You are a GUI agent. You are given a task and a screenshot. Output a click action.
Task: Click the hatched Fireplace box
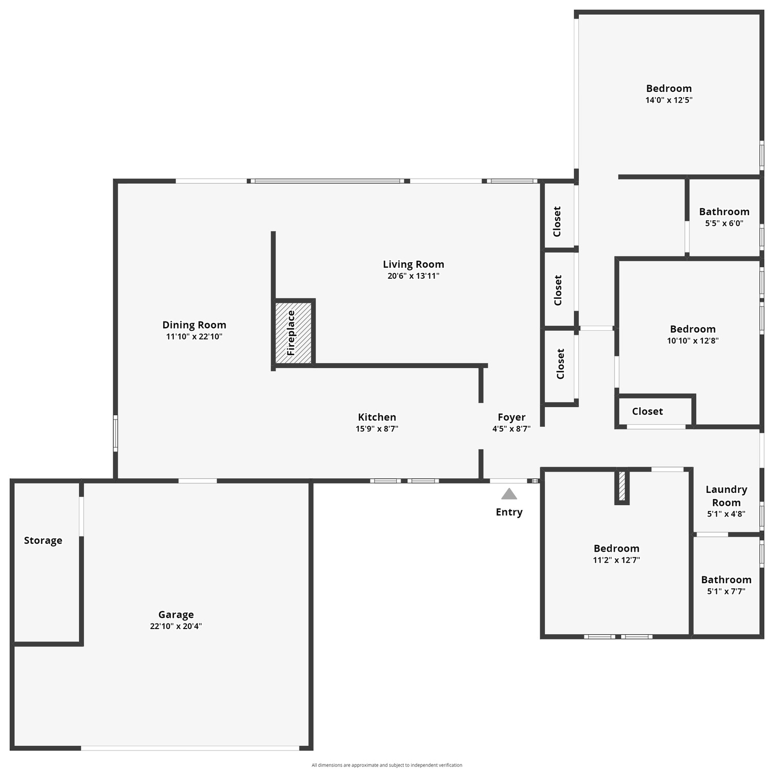click(x=293, y=332)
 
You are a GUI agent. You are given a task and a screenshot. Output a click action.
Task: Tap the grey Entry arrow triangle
click(x=509, y=494)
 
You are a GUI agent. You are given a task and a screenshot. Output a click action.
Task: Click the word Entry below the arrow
click(x=509, y=512)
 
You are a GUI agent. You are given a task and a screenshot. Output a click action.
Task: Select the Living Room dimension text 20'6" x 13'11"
click(x=413, y=276)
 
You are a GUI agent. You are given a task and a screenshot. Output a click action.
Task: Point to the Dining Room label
click(x=194, y=325)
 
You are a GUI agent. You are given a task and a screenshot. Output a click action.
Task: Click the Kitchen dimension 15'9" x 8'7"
click(x=377, y=429)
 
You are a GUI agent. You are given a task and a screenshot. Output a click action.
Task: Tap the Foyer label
click(x=511, y=417)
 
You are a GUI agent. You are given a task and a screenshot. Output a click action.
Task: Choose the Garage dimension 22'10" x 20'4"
click(x=176, y=627)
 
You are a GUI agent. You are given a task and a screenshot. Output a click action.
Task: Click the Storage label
click(x=43, y=540)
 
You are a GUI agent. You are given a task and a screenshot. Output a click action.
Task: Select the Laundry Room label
click(x=727, y=496)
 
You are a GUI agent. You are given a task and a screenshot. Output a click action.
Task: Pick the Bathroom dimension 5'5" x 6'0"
click(x=724, y=223)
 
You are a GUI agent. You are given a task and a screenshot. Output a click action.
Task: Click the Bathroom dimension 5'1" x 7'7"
click(x=726, y=591)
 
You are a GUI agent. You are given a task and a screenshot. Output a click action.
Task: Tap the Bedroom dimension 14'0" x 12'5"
click(x=669, y=100)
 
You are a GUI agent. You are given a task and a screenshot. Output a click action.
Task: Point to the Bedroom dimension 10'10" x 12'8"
click(x=692, y=341)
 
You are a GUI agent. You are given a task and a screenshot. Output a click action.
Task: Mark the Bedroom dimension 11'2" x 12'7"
click(x=616, y=560)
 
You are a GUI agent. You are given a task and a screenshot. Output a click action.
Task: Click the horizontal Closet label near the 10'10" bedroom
click(x=648, y=411)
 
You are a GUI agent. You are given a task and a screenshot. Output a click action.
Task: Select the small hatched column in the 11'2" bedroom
click(x=622, y=486)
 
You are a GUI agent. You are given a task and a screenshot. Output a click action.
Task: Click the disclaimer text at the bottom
click(x=387, y=765)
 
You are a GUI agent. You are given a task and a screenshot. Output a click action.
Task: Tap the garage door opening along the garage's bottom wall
click(x=190, y=748)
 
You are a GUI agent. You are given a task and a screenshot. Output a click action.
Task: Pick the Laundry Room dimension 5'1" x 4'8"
click(x=726, y=514)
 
